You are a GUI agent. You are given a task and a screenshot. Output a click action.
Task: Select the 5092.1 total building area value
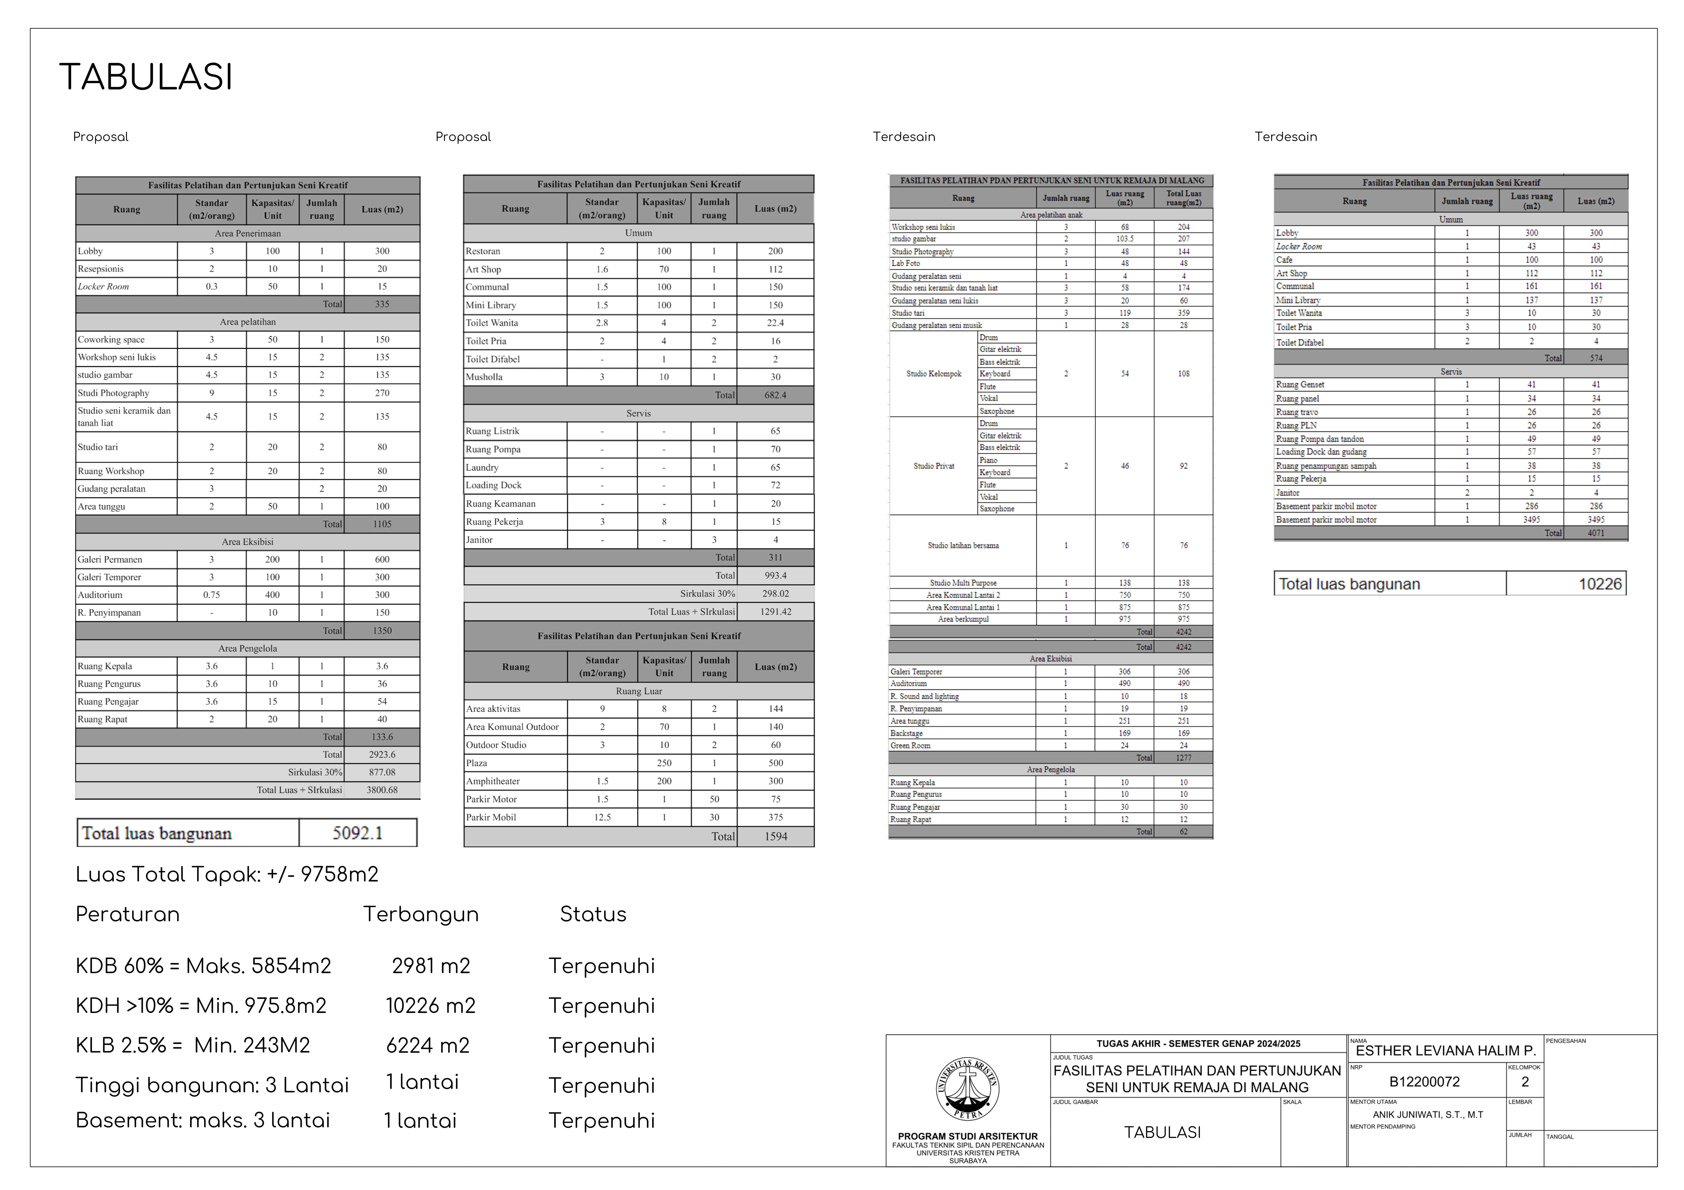(x=357, y=833)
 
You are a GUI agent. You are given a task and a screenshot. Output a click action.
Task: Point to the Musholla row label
(x=484, y=377)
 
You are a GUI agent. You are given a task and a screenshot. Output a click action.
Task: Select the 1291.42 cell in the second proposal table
(x=775, y=611)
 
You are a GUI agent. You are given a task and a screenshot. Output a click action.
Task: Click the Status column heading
(x=593, y=914)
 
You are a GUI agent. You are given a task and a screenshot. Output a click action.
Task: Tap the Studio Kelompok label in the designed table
(x=934, y=374)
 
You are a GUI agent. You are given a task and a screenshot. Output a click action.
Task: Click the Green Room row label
(x=910, y=746)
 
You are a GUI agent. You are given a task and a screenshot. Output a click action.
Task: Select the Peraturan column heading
(x=128, y=914)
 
